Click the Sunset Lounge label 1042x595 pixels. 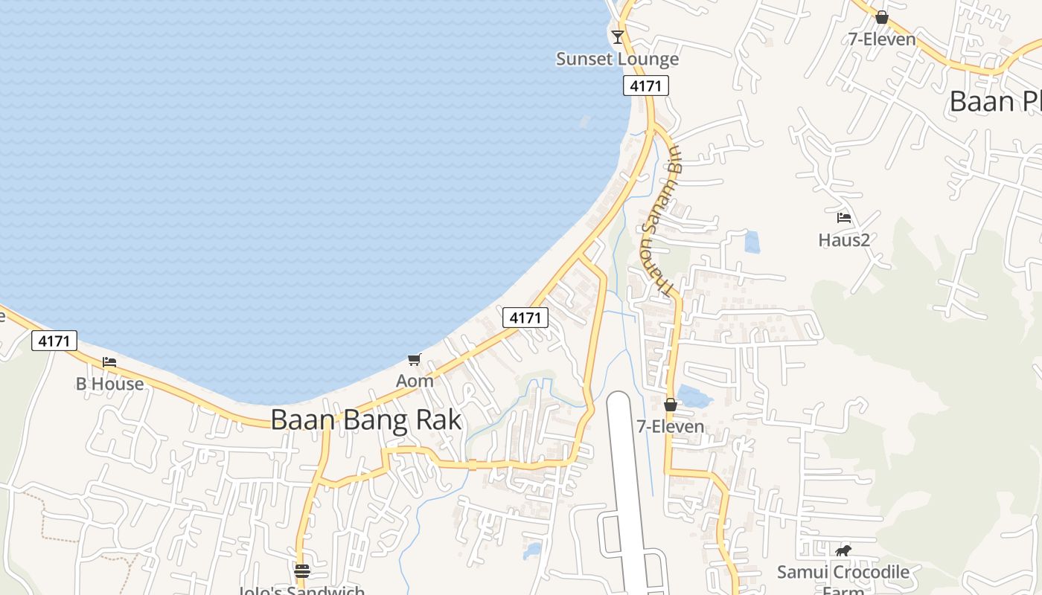[x=617, y=59]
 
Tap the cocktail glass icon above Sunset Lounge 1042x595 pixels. [x=617, y=36]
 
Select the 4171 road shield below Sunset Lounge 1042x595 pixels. [x=645, y=86]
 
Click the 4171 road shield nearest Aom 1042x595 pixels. [x=525, y=318]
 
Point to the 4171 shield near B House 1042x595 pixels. [x=54, y=341]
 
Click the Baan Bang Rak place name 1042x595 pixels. [x=365, y=419]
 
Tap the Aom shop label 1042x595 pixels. [x=415, y=381]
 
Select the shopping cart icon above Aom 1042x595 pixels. [x=415, y=360]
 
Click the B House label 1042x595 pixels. [x=109, y=384]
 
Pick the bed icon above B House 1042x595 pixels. [x=109, y=362]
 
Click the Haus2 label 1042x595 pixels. [x=844, y=239]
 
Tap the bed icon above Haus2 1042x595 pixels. [x=844, y=218]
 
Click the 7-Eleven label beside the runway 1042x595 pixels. [x=670, y=426]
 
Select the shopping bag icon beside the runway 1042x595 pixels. [x=670, y=405]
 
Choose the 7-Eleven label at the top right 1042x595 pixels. [x=882, y=39]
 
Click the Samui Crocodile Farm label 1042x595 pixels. [x=843, y=573]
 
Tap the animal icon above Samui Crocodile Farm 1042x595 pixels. [x=843, y=550]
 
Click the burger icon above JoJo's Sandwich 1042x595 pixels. [x=301, y=571]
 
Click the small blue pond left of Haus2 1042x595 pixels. [x=752, y=242]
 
